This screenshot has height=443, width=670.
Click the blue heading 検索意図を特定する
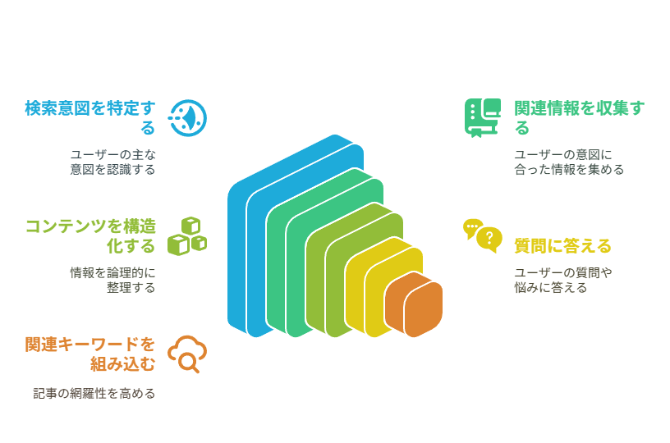(90, 117)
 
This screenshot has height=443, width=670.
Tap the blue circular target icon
(187, 118)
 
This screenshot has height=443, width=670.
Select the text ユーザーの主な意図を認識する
(112, 162)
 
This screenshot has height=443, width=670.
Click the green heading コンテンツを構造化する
(90, 235)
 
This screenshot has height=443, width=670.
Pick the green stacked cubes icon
(187, 236)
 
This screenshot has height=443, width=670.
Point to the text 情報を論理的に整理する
(112, 280)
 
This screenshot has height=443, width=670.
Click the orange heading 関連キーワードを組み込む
(90, 354)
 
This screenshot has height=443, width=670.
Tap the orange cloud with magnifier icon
(187, 354)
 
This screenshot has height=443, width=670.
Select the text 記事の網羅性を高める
(94, 393)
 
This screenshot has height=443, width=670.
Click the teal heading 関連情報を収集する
(579, 117)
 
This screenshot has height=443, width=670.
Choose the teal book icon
(483, 118)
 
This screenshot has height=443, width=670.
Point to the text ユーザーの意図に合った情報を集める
(569, 162)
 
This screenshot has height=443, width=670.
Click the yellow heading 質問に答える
(562, 246)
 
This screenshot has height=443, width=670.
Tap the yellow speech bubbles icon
(483, 236)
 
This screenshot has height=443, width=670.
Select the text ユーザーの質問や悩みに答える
(562, 280)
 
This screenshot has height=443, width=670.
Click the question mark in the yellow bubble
(489, 238)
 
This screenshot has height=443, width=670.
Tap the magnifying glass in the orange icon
(189, 363)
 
